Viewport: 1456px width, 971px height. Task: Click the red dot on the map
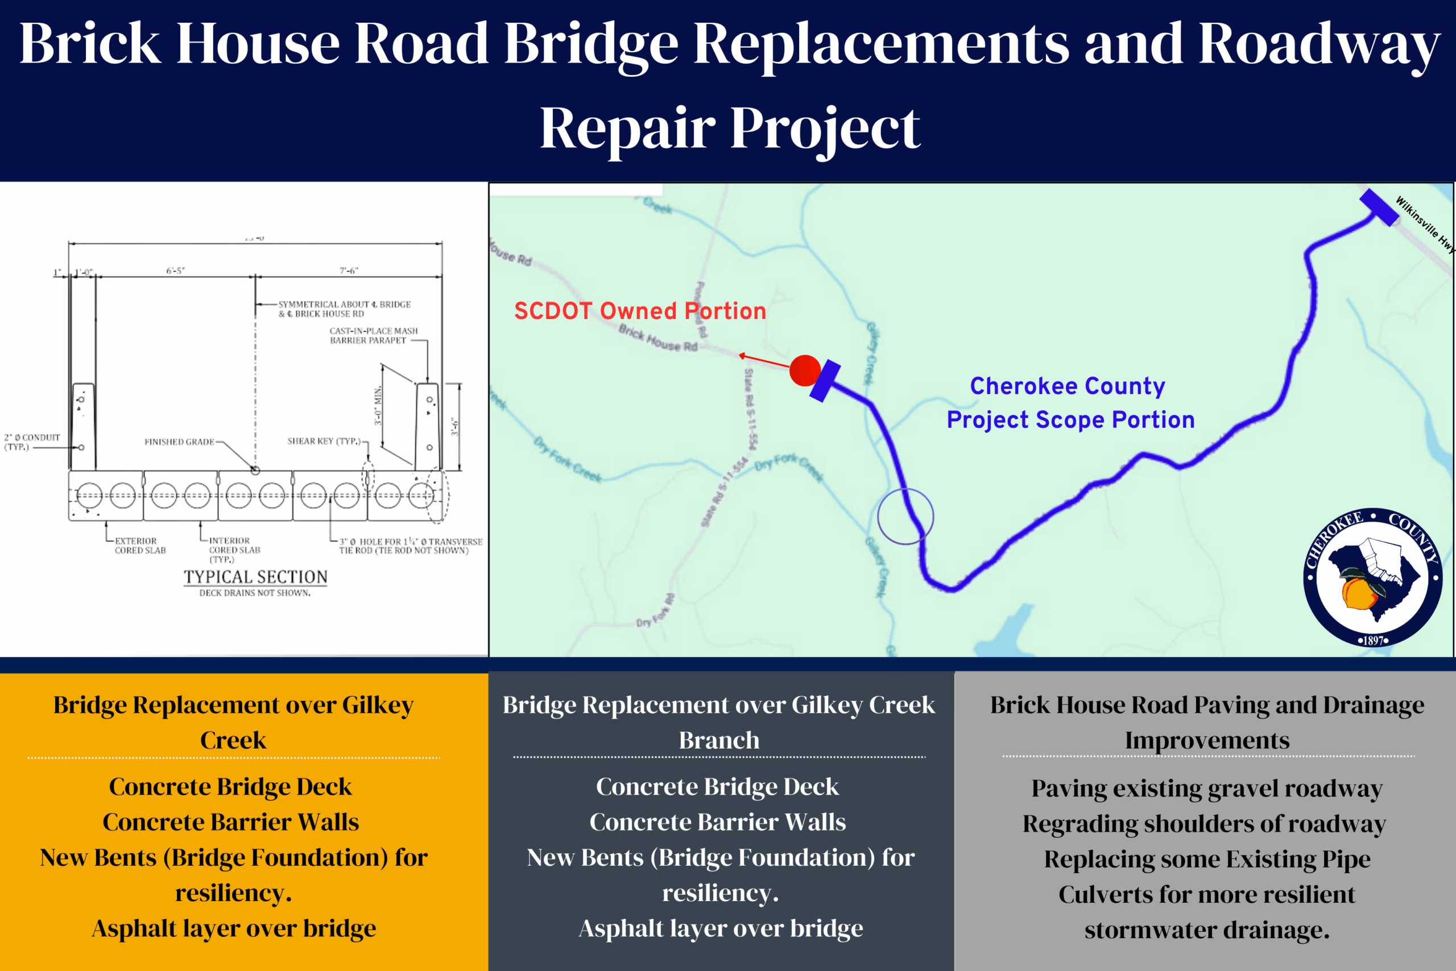click(805, 370)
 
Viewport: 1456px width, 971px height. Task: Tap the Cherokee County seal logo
click(1372, 577)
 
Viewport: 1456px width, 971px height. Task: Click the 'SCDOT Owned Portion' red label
click(640, 311)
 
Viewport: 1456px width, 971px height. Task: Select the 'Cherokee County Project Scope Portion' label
click(1070, 403)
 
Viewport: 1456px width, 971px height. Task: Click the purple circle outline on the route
click(905, 517)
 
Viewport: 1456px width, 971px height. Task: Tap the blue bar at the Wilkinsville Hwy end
click(1379, 208)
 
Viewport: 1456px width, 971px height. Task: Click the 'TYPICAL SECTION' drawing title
click(255, 577)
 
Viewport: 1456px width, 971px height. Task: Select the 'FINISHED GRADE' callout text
click(179, 441)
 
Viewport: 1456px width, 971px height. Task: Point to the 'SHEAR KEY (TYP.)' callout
click(323, 441)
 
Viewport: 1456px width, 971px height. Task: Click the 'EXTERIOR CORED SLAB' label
click(140, 546)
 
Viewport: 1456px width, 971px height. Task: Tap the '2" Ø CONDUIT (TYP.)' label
click(32, 441)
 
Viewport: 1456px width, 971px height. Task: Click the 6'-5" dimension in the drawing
click(175, 271)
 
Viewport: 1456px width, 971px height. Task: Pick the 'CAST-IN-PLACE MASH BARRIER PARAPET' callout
click(373, 336)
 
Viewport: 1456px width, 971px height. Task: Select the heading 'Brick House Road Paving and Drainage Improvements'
click(1207, 722)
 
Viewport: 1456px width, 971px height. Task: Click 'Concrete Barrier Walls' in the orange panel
click(231, 822)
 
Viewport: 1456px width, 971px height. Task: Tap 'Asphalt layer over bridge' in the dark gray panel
click(721, 928)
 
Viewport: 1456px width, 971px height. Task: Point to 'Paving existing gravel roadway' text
click(1206, 788)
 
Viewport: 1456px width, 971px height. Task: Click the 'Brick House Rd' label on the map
click(658, 338)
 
